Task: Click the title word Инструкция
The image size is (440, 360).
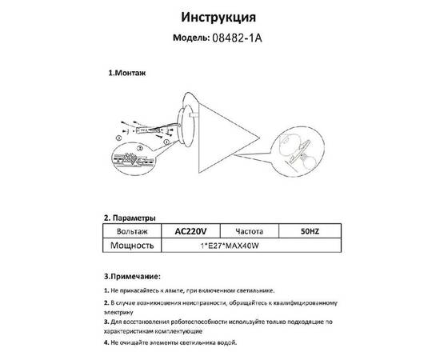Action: (x=219, y=17)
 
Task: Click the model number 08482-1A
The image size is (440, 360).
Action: (x=240, y=38)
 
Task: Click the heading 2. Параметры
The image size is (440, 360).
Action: (x=130, y=218)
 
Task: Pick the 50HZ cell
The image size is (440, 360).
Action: (x=309, y=230)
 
